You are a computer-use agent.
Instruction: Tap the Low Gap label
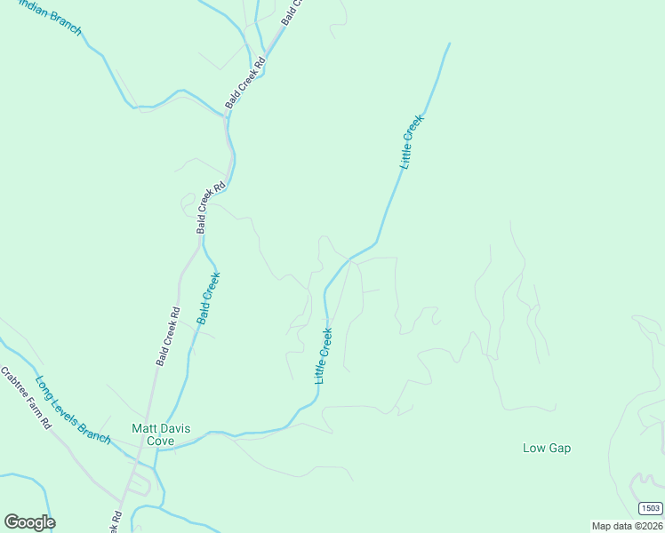[546, 448]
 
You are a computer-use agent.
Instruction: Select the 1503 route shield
[650, 507]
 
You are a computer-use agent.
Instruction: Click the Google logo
[29, 522]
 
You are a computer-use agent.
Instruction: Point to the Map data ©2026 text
[628, 526]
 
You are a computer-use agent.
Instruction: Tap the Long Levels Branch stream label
[73, 410]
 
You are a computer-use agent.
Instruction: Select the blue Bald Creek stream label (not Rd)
[209, 298]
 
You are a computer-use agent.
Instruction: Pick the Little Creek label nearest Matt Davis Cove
[324, 356]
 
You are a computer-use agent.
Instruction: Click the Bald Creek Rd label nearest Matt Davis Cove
[168, 337]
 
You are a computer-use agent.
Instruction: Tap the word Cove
[160, 441]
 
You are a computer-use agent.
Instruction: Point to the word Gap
[560, 448]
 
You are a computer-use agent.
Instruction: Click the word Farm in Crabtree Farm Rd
[32, 404]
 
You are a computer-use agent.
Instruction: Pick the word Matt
[142, 428]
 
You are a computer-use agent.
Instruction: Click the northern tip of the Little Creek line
[449, 44]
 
